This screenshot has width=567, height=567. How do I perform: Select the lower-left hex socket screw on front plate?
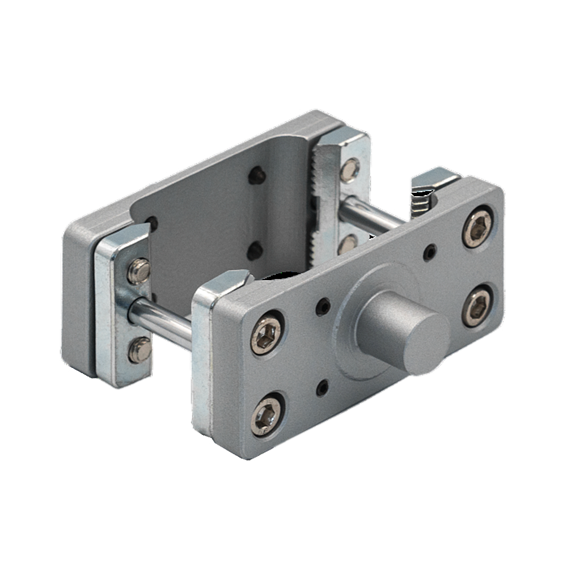tap(268, 411)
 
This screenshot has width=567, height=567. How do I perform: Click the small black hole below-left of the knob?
tap(322, 387)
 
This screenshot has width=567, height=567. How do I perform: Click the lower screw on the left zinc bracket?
tap(139, 350)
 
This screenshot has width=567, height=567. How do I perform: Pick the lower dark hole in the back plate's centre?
tap(255, 249)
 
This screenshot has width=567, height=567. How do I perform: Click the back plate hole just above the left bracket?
tap(152, 222)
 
